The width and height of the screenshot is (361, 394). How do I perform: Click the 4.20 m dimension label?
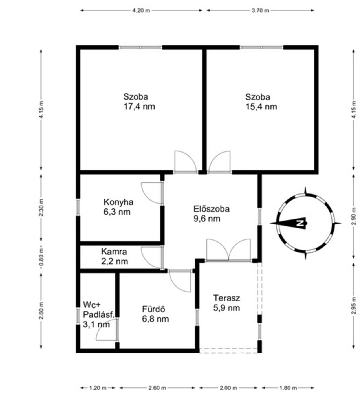click(141, 11)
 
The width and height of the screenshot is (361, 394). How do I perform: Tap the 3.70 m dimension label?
click(260, 11)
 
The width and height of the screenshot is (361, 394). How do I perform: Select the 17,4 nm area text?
click(139, 107)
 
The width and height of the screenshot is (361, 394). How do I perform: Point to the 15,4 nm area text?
click(261, 107)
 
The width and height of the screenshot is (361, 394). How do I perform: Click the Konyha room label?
click(118, 202)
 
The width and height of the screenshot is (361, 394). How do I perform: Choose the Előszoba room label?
click(212, 209)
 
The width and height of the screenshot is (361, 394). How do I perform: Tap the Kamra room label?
click(114, 252)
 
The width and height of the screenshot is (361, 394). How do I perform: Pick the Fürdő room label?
click(153, 309)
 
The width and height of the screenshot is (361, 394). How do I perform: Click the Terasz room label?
click(227, 298)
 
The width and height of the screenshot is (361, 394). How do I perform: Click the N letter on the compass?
click(300, 223)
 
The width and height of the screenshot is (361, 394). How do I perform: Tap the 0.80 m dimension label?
click(41, 257)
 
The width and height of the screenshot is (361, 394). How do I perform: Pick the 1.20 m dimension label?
click(98, 388)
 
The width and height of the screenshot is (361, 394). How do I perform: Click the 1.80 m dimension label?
click(288, 388)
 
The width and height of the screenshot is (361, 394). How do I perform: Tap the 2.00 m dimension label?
click(228, 388)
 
